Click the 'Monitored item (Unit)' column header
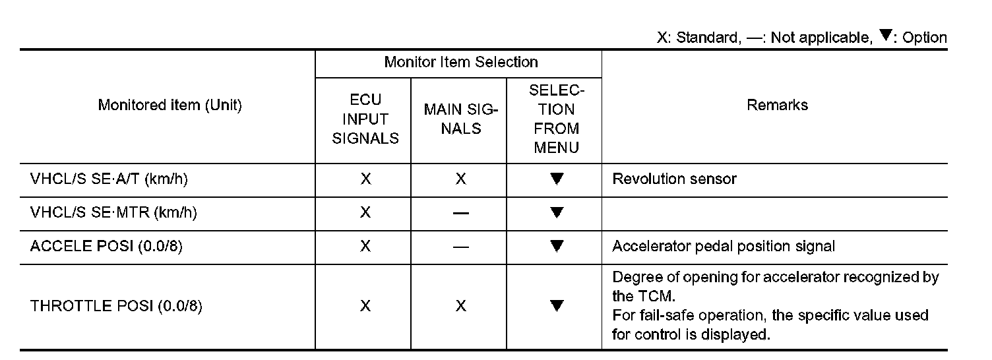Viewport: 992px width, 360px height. click(170, 105)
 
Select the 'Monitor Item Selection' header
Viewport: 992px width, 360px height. click(460, 63)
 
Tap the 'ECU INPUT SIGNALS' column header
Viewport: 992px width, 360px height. click(365, 119)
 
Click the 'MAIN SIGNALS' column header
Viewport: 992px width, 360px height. click(460, 119)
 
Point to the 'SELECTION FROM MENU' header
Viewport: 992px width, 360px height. click(556, 119)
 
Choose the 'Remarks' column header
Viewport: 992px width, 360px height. click(777, 105)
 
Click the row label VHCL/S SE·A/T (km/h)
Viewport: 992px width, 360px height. click(104, 179)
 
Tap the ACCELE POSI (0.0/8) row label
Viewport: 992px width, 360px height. click(106, 246)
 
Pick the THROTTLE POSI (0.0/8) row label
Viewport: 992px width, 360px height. click(115, 307)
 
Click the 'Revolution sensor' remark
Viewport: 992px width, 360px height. click(674, 179)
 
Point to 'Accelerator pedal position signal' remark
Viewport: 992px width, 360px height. click(724, 246)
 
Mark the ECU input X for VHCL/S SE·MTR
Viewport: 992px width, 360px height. click(365, 212)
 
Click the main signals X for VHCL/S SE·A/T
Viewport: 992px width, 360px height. click(460, 179)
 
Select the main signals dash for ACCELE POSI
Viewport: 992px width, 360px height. click(460, 247)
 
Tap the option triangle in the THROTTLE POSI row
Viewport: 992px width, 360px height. click(557, 306)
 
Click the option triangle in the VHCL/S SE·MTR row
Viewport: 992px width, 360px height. click(557, 212)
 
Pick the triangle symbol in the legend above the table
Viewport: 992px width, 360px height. click(886, 36)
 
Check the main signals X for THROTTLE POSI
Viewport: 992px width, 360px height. click(460, 307)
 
